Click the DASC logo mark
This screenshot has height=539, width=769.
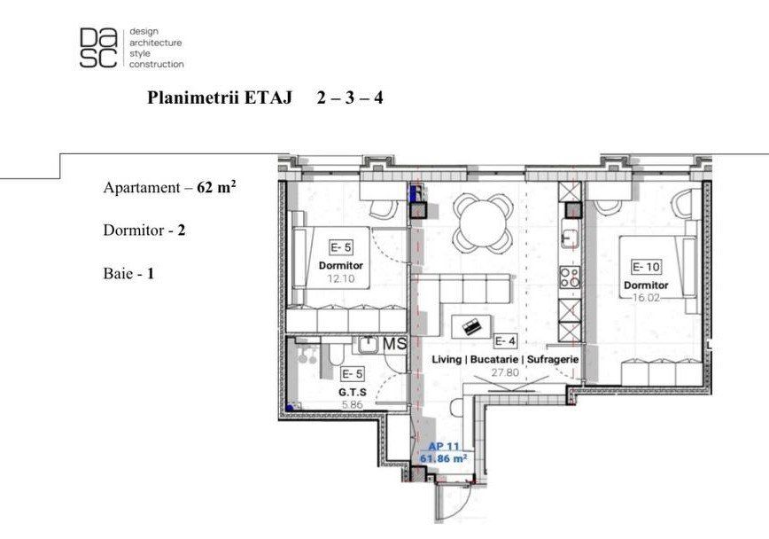(98, 47)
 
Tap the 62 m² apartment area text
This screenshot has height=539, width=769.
(216, 187)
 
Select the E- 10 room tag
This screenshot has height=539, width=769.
(646, 267)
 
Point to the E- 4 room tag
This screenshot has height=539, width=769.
(505, 340)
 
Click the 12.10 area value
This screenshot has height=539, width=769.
(341, 279)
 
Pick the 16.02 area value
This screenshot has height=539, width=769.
(646, 298)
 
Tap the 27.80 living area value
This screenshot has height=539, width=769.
(505, 372)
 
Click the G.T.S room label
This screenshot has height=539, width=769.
(353, 392)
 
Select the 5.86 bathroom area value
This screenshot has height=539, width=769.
(352, 405)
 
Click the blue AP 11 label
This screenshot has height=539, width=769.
(443, 447)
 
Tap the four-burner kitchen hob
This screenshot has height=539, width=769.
(571, 277)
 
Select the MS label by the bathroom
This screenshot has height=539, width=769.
(395, 344)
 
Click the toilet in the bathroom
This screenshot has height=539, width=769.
(336, 355)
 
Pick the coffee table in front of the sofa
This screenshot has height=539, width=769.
(471, 326)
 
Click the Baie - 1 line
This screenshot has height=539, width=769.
(128, 273)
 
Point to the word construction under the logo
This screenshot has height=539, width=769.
(157, 65)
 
